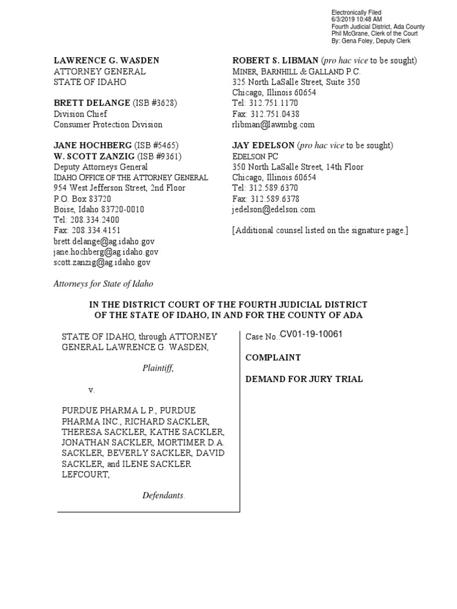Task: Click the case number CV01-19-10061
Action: pyautogui.click(x=311, y=334)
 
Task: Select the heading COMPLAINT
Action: pyautogui.click(x=273, y=357)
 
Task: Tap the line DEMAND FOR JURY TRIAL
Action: pyautogui.click(x=304, y=379)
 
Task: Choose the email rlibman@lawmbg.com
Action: pyautogui.click(x=273, y=125)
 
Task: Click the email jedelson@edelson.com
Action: pyautogui.click(x=274, y=209)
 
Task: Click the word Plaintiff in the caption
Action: pyautogui.click(x=158, y=368)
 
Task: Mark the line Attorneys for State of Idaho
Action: pyautogui.click(x=104, y=284)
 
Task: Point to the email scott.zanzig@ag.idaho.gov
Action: pyautogui.click(x=102, y=262)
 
